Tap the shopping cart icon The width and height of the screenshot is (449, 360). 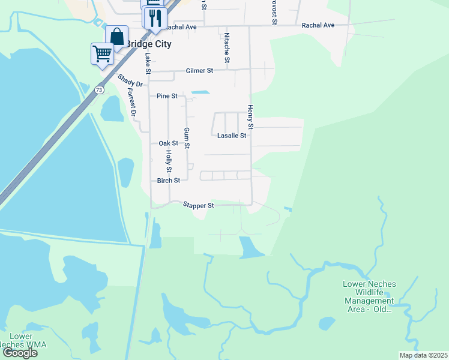pyautogui.click(x=102, y=53)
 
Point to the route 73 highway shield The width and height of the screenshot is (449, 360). pyautogui.click(x=99, y=89)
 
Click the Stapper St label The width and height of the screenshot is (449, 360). pyautogui.click(x=198, y=205)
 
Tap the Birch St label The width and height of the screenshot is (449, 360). pyautogui.click(x=168, y=181)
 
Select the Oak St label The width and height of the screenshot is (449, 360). pyautogui.click(x=168, y=143)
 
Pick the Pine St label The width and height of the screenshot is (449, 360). pyautogui.click(x=167, y=96)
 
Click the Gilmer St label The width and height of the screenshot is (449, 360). pyautogui.click(x=199, y=71)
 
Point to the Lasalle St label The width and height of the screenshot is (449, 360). pyautogui.click(x=231, y=136)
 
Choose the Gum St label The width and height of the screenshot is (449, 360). pyautogui.click(x=187, y=138)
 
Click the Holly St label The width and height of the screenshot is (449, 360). pyautogui.click(x=169, y=161)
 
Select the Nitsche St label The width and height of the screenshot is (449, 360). pyautogui.click(x=227, y=48)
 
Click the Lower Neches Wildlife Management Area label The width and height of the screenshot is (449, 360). pyautogui.click(x=368, y=296)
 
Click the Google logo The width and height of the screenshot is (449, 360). pyautogui.click(x=20, y=353)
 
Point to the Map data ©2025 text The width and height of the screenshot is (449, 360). pyautogui.click(x=423, y=355)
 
